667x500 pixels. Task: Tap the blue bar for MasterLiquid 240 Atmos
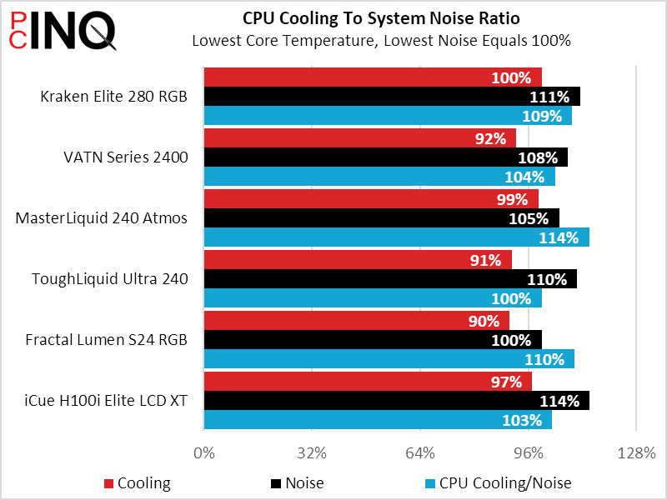[x=396, y=237]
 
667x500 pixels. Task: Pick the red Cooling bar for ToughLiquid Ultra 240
[x=358, y=260]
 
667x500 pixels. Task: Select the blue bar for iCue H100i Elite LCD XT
[x=378, y=420]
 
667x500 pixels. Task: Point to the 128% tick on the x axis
[x=636, y=453]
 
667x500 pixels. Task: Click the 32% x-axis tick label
[x=312, y=453]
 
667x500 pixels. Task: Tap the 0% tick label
[x=203, y=453]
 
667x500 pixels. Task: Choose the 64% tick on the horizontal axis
[x=420, y=453]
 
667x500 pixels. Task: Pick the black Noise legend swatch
[x=275, y=483]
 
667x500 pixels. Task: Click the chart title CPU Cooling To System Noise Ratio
[x=381, y=18]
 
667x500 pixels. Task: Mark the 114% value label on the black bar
[x=559, y=401]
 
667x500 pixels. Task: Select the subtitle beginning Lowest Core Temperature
[x=381, y=40]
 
